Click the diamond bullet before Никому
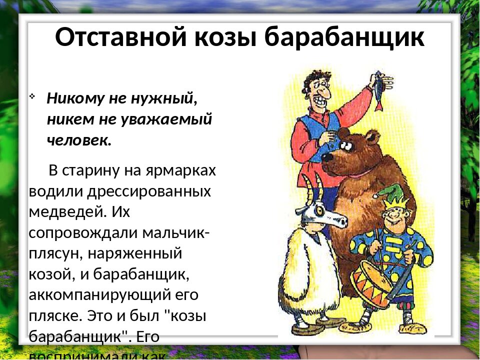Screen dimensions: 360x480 pos(33,95)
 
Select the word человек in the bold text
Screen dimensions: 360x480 pos(79,140)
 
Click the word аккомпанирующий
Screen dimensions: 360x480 pos(95,295)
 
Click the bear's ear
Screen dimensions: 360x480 pos(372,136)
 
